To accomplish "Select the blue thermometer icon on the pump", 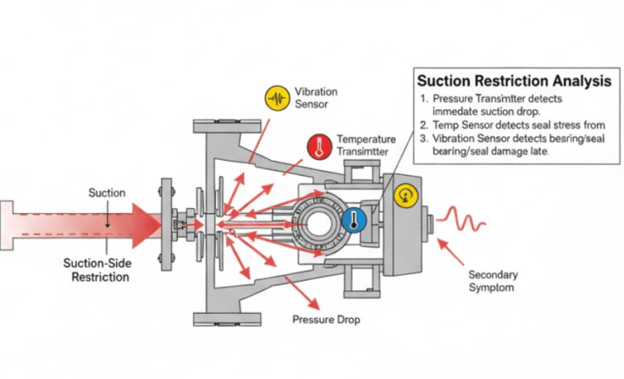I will pos(353,220).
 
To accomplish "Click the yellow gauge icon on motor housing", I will pos(405,194).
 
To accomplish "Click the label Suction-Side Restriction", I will pos(97,269).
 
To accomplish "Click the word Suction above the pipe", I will pos(107,193).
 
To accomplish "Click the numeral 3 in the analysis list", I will pos(422,138).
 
